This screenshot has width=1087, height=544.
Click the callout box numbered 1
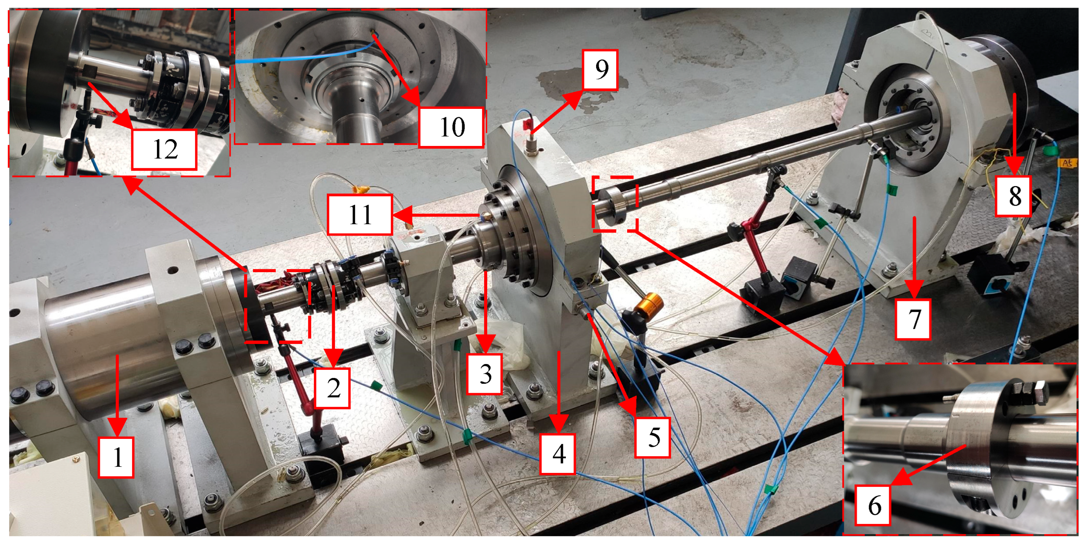point(116,457)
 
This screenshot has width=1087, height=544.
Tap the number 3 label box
point(485,374)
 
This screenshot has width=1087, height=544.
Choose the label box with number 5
point(653,437)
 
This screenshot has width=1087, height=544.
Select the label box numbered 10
point(452,127)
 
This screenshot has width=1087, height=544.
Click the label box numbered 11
point(360,214)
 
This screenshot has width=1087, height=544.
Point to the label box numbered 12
point(165,149)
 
